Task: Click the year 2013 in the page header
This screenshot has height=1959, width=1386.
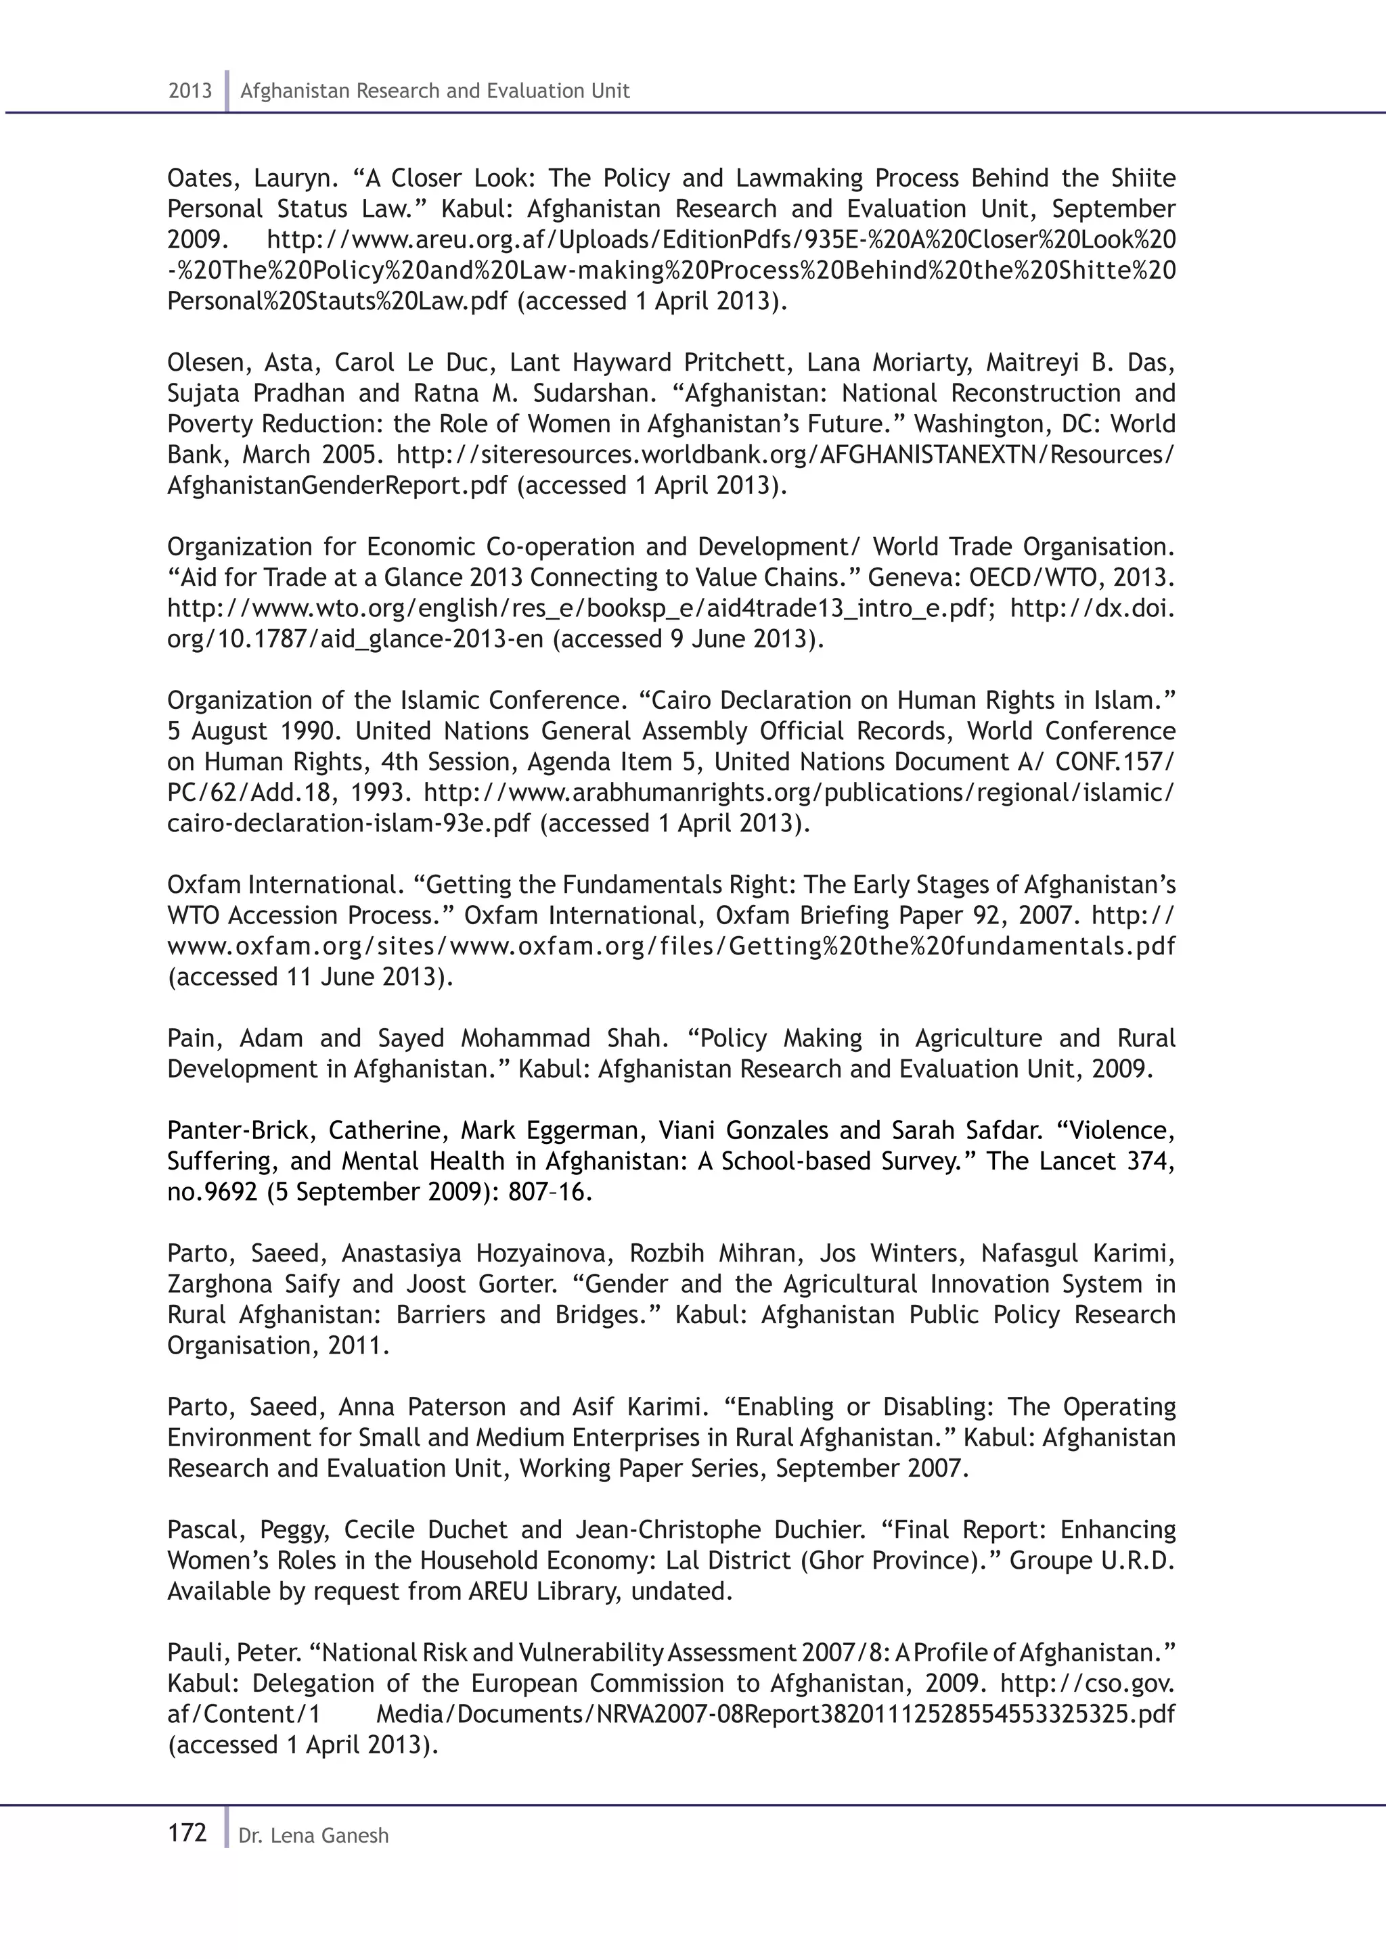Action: click(189, 91)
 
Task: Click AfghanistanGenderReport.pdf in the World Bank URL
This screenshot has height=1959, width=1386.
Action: click(338, 486)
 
